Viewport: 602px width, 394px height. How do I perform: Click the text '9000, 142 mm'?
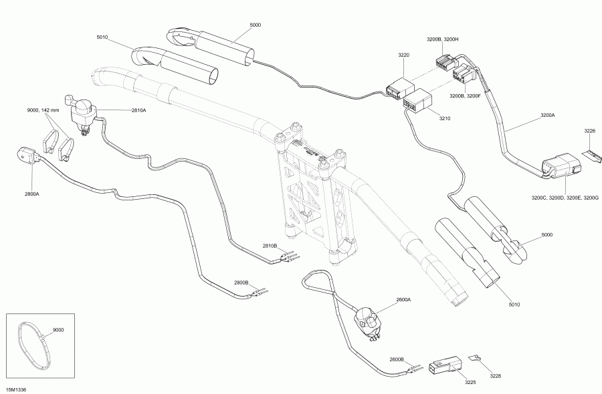coord(43,110)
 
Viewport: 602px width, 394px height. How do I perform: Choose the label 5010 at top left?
coord(102,38)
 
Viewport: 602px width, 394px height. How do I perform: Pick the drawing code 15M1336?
coord(16,388)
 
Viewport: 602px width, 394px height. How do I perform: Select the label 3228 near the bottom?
coord(494,377)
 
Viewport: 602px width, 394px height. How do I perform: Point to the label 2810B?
coord(270,245)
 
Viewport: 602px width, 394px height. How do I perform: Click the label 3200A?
coord(547,115)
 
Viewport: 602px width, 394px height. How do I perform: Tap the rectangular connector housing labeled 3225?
coord(443,364)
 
